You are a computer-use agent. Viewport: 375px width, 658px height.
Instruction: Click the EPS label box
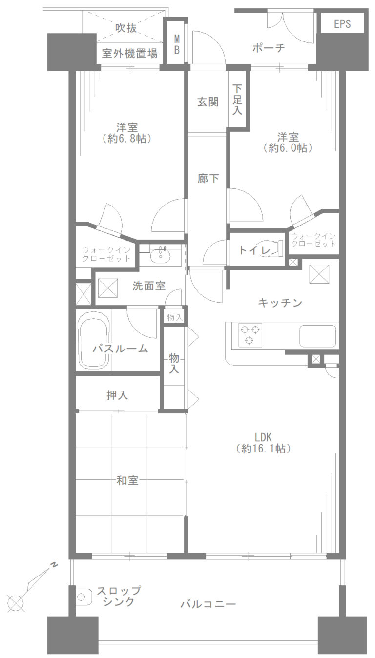(342, 23)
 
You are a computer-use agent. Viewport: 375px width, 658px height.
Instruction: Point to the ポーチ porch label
(269, 48)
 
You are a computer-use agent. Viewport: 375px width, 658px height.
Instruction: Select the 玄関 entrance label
(208, 103)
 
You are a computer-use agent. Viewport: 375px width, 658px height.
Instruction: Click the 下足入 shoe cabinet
(237, 100)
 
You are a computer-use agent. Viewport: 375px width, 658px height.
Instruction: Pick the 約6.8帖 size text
(127, 139)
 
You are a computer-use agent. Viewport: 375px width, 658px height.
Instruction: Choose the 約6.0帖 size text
(288, 148)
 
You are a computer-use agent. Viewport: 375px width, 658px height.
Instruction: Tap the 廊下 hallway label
(208, 179)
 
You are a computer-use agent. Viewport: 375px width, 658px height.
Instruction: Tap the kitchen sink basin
(318, 335)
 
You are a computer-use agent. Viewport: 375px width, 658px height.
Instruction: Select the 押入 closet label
(117, 395)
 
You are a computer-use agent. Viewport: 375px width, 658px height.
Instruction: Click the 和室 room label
(127, 480)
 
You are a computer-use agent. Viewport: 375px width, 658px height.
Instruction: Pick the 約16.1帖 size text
(263, 449)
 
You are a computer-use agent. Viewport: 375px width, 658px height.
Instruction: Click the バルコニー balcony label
(208, 604)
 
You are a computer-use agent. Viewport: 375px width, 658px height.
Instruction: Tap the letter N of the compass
(54, 565)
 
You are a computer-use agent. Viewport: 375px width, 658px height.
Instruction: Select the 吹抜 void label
(126, 28)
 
